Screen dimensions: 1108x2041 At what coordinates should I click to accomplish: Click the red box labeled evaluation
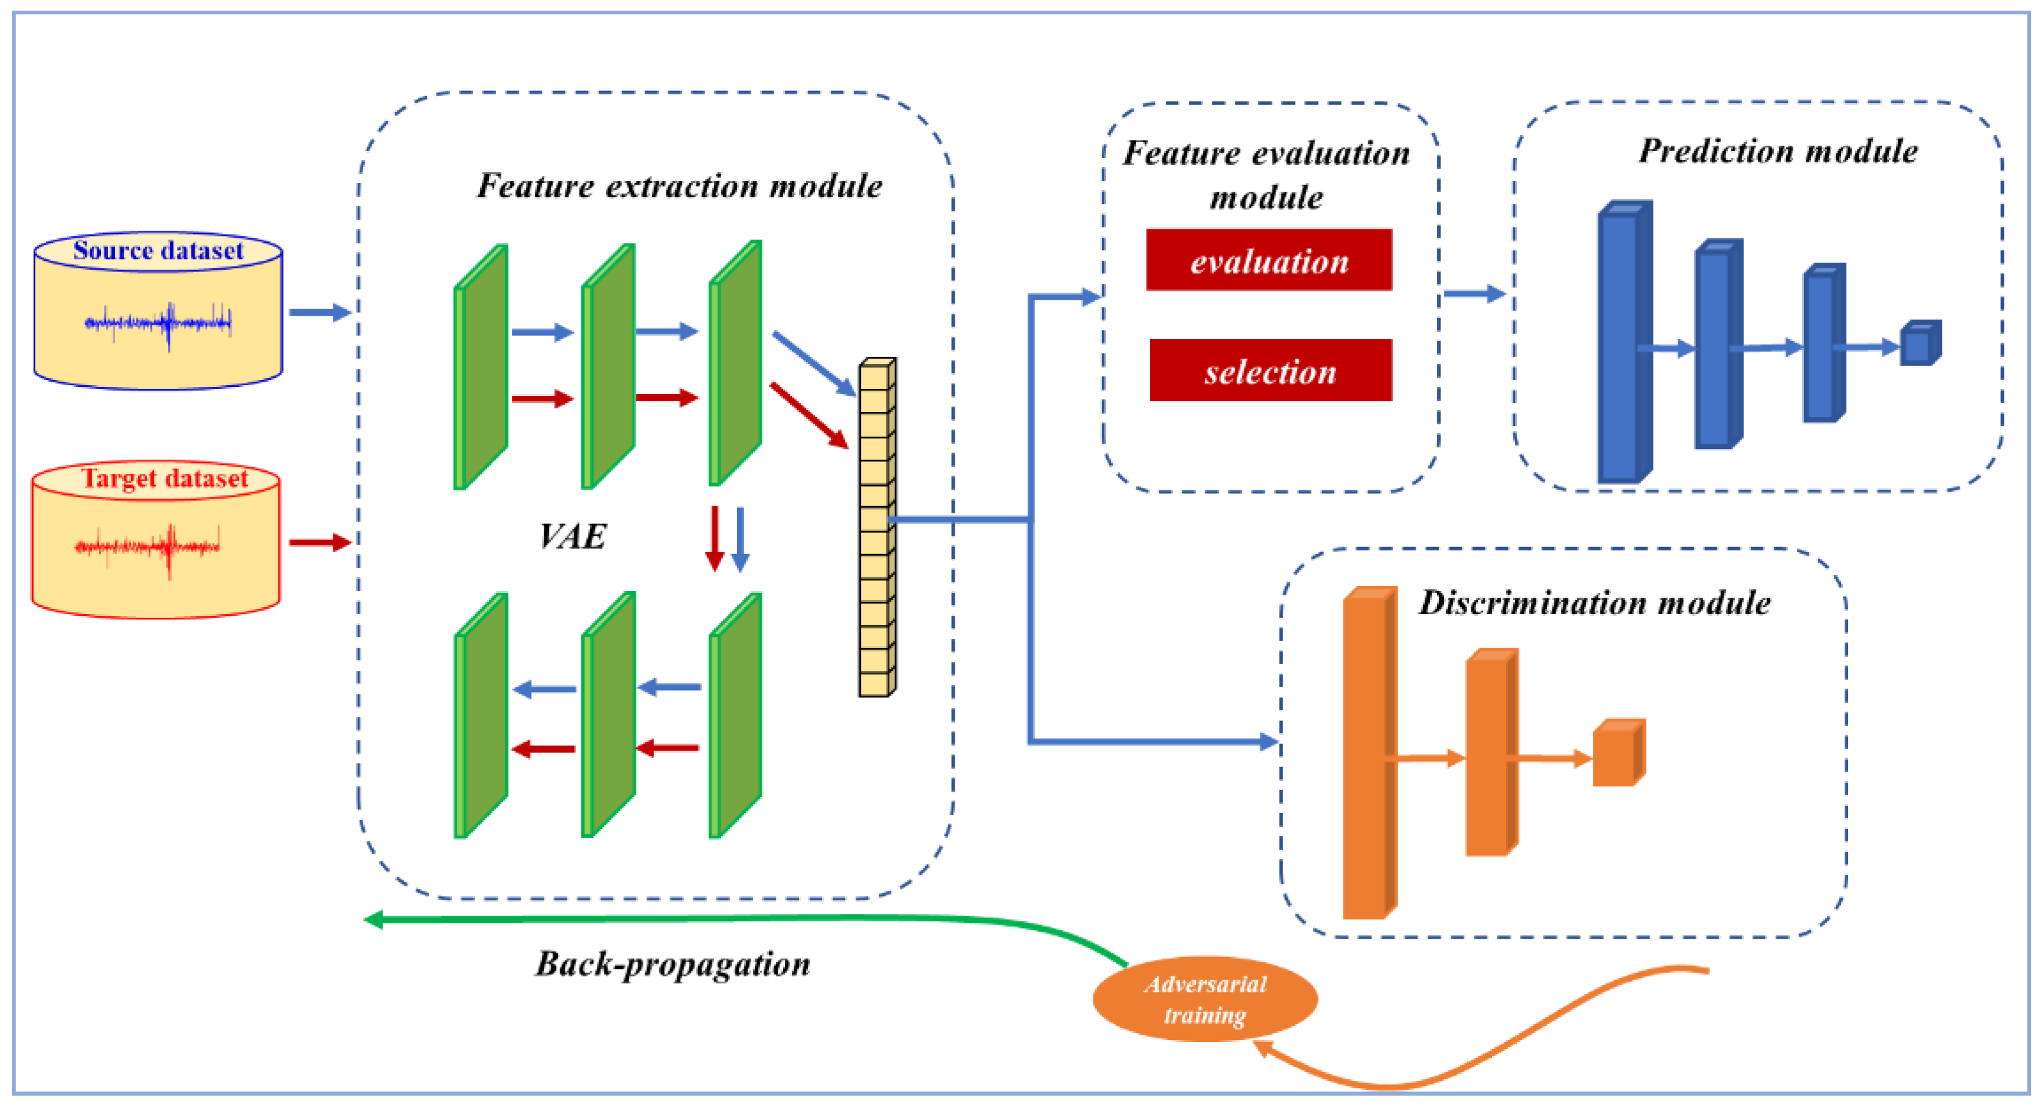(x=1268, y=260)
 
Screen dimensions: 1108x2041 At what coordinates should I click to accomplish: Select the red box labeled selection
(x=1270, y=370)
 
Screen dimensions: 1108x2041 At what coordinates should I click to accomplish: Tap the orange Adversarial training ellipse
(x=1204, y=999)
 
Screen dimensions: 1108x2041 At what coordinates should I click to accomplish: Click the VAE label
(x=572, y=536)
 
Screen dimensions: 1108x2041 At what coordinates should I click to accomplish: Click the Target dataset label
(x=164, y=478)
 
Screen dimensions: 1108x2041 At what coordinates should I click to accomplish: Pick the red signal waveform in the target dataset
(x=148, y=547)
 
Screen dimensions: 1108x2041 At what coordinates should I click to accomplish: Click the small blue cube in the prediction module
(x=1919, y=344)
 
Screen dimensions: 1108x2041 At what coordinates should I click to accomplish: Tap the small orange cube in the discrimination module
(x=1617, y=754)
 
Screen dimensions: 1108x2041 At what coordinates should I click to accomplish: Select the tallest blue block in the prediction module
(x=1622, y=342)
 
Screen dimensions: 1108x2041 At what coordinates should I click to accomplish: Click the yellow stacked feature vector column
(x=876, y=527)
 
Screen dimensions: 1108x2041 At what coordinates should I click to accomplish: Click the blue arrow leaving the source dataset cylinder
(x=318, y=312)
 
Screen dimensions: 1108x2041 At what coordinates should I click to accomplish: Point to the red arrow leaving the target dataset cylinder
(x=318, y=543)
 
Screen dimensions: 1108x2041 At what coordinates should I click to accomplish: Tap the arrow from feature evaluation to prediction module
(x=1473, y=294)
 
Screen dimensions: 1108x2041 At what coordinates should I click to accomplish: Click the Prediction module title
(x=1777, y=150)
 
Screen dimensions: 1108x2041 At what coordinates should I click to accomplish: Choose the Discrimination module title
(x=1594, y=603)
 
